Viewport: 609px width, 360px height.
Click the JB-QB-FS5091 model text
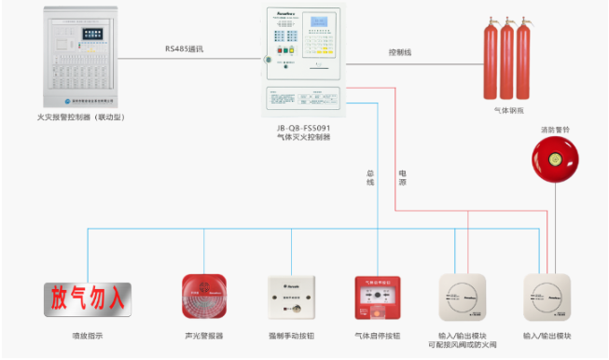click(305, 128)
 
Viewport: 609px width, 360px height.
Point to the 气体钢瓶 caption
click(509, 110)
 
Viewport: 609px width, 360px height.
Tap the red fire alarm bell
click(553, 159)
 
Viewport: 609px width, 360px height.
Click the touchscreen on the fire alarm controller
click(95, 33)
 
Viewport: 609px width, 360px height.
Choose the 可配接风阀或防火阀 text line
click(464, 346)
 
